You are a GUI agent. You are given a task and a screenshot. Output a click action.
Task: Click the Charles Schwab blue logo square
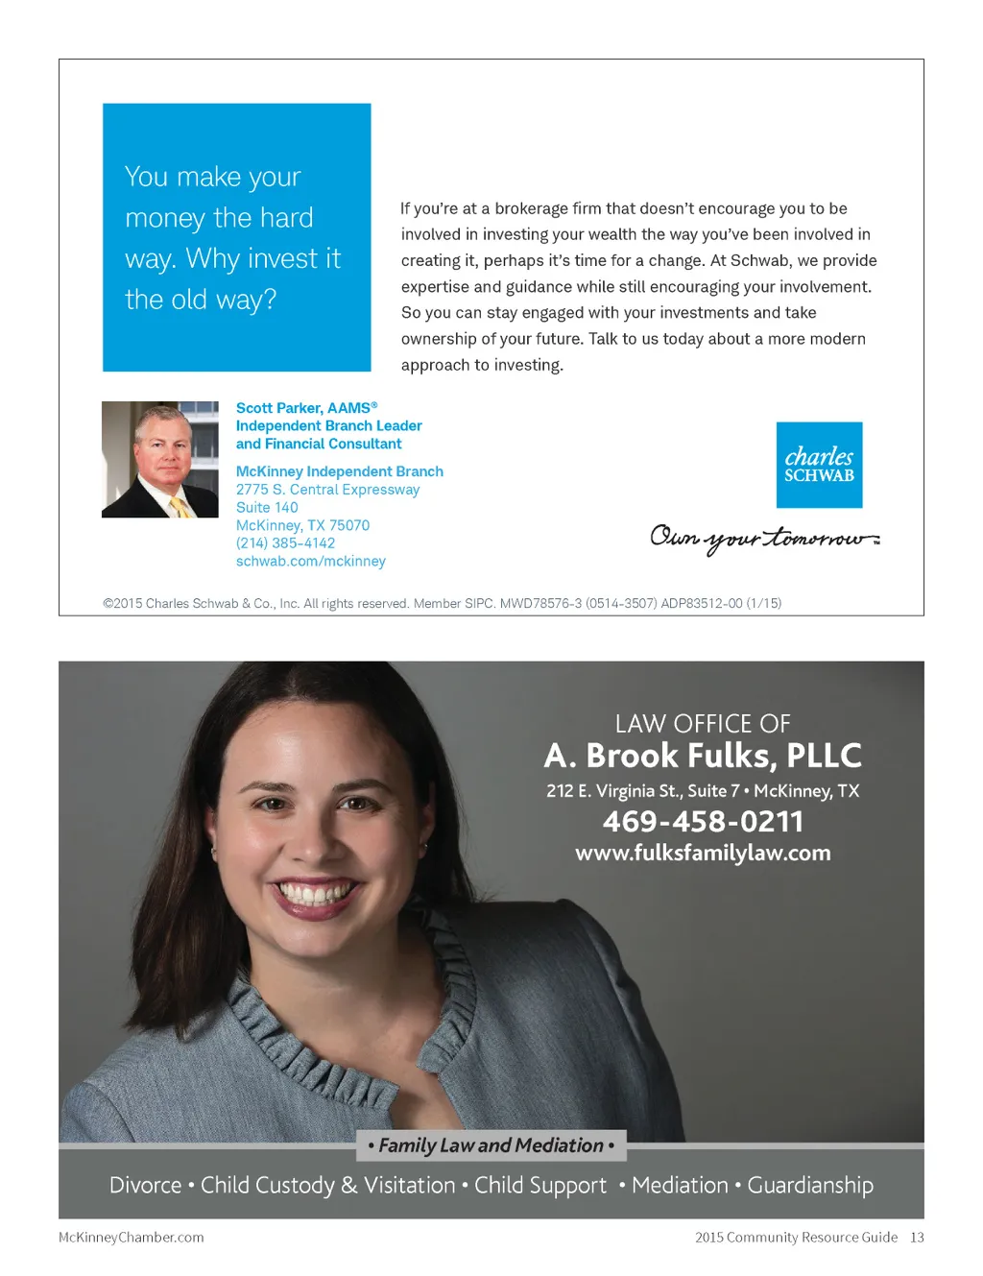coord(819,465)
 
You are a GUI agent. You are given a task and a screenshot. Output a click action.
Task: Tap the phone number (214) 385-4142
coord(285,543)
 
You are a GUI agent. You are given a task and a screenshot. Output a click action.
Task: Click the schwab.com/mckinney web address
coord(310,562)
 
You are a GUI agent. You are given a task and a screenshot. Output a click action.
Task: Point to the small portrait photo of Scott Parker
coord(160,459)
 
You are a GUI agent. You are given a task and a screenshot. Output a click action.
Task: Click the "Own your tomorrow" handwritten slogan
coord(764,538)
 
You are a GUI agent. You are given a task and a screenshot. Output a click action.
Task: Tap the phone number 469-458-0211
coord(703,822)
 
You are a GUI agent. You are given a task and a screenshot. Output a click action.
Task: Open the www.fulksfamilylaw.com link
coord(703,853)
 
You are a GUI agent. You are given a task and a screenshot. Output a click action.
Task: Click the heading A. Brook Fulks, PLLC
coord(703,756)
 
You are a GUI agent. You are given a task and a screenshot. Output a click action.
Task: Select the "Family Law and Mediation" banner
coord(491,1145)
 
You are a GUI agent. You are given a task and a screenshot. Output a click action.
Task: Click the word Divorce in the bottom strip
coord(145,1186)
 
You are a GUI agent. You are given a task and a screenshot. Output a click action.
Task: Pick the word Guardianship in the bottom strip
coord(810,1186)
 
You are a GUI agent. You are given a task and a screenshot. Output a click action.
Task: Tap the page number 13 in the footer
coord(917,1238)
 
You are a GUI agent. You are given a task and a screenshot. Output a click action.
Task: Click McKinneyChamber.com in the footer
coord(132,1238)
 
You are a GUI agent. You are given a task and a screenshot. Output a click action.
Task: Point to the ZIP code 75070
coord(349,525)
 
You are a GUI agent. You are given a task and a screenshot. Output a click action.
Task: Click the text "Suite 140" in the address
coord(267,508)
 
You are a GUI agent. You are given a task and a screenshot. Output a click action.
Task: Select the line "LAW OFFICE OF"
coord(703,724)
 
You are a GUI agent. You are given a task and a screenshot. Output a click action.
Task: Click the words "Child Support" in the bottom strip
coord(540,1186)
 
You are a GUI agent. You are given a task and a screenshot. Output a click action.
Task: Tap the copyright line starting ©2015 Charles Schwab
coord(442,604)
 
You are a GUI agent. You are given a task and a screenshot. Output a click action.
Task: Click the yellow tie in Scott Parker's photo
coord(180,506)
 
